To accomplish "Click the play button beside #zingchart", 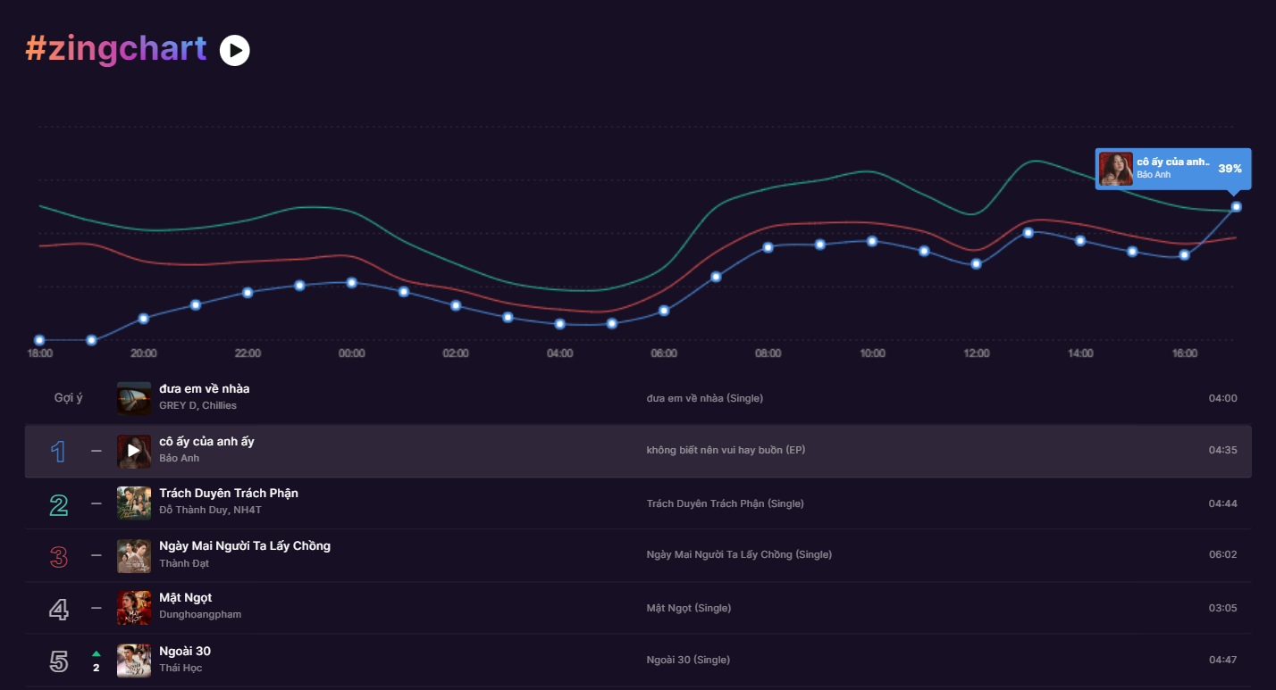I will [x=235, y=51].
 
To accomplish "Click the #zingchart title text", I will [x=116, y=49].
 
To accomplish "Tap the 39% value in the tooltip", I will [x=1230, y=169].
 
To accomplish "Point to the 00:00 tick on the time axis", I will [x=351, y=353].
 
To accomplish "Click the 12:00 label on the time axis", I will [x=976, y=353].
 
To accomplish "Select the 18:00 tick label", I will [x=40, y=353].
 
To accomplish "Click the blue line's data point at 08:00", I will [x=768, y=247].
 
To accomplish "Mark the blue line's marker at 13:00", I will [x=1028, y=232].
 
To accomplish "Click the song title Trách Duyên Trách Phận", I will [x=229, y=494].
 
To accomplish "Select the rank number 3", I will [x=58, y=557].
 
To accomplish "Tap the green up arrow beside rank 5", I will [x=97, y=653].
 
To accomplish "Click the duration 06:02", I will [x=1222, y=554].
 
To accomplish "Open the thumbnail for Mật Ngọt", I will [x=134, y=608].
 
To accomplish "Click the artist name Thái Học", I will [x=180, y=668].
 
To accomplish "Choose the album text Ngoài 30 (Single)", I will [x=687, y=660].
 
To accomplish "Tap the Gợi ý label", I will [x=68, y=398].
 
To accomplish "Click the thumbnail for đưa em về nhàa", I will [x=134, y=398].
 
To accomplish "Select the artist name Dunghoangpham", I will [x=200, y=614].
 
